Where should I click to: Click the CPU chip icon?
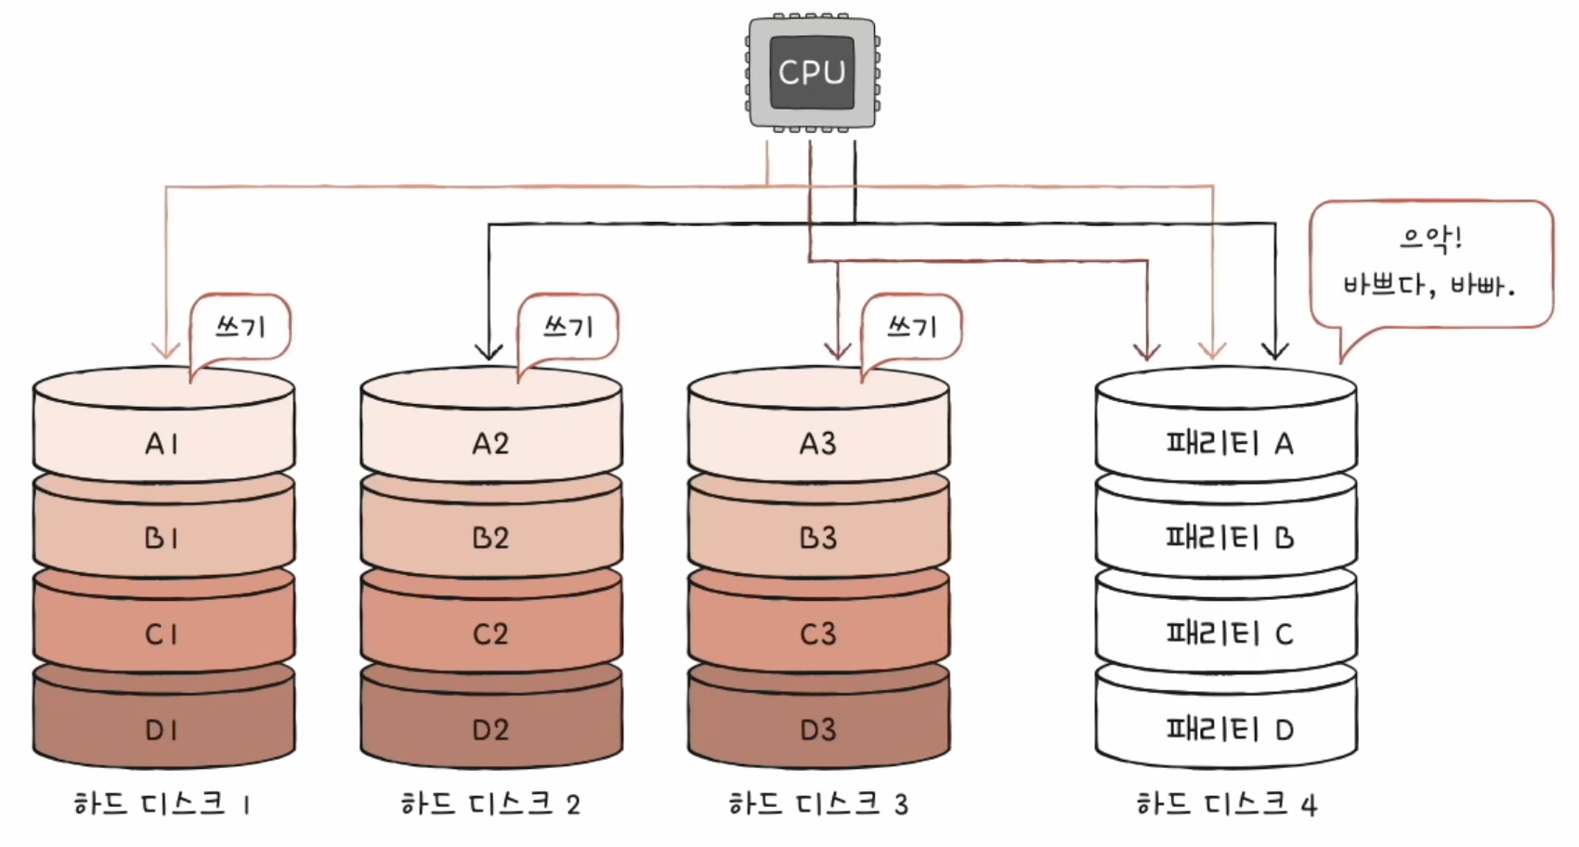[x=812, y=72]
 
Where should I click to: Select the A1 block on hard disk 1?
[x=163, y=443]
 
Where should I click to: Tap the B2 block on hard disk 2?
[x=490, y=538]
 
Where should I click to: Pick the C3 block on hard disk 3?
[x=818, y=633]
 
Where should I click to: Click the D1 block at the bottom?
[x=163, y=728]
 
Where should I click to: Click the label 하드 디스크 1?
[x=163, y=803]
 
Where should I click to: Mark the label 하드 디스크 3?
[x=818, y=803]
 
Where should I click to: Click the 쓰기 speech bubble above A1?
[x=241, y=327]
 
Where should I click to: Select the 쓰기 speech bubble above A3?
[x=912, y=327]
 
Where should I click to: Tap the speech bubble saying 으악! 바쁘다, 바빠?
[x=1430, y=264]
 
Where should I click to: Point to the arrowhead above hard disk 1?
[x=166, y=350]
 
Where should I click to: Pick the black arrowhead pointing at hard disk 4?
[x=1275, y=351]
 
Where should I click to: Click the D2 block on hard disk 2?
[x=490, y=728]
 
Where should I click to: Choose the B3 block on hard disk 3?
[x=818, y=538]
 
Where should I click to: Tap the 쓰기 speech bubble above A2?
[x=568, y=327]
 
